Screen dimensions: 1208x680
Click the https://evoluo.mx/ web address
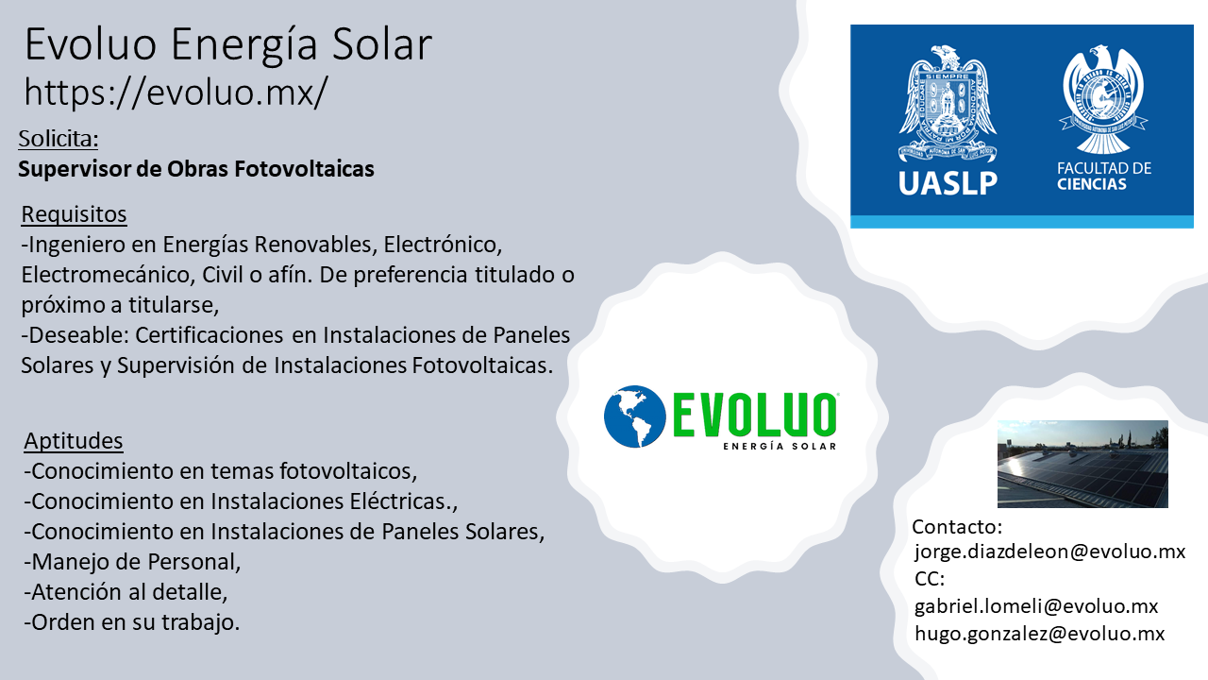pos(176,92)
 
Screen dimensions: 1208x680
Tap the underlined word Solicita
pos(59,139)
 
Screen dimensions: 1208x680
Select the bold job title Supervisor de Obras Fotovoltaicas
pos(195,169)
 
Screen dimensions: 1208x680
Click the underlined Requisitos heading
pos(74,214)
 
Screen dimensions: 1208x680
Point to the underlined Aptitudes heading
pos(74,441)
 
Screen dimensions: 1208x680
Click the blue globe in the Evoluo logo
pos(635,416)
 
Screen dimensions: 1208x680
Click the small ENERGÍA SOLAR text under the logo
pos(780,446)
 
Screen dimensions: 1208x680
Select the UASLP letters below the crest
pos(948,183)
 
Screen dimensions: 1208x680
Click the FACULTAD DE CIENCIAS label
pos(1104,176)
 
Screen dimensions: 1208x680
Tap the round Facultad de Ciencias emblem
pos(1103,99)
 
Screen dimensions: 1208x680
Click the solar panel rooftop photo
pos(1082,464)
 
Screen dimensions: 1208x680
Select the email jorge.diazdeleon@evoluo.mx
pos(1049,552)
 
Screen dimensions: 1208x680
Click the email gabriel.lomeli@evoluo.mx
pos(1036,606)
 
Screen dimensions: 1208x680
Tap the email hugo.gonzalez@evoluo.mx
pos(1040,633)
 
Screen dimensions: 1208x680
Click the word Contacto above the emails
pos(957,527)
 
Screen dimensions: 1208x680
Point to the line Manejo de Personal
pos(132,562)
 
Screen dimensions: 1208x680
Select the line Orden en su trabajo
pos(131,622)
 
